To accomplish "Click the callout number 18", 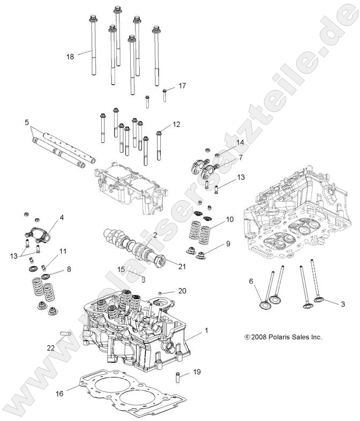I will [x=70, y=56].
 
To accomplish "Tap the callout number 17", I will [x=182, y=85].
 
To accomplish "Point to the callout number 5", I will [x=27, y=123].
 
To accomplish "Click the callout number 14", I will [x=240, y=142].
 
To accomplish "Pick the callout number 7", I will [x=240, y=158].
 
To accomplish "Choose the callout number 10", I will [x=229, y=219].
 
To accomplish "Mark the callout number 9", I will [x=228, y=243].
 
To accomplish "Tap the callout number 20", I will [x=182, y=291].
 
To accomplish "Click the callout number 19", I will [x=197, y=372].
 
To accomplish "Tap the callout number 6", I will [x=251, y=281].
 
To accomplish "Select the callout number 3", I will [x=328, y=304].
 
